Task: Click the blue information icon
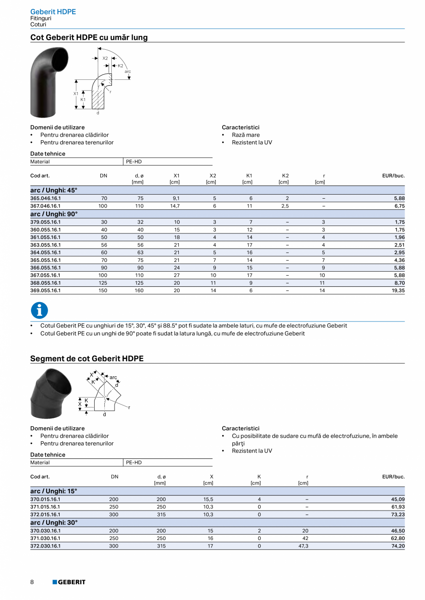pyautogui.click(x=39, y=310)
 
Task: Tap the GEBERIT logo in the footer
pyautogui.click(x=69, y=582)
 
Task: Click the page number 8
pyautogui.click(x=32, y=582)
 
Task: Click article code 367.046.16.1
pyautogui.click(x=45, y=206)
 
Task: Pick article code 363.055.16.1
pyautogui.click(x=45, y=245)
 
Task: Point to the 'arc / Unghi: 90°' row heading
pyautogui.click(x=54, y=214)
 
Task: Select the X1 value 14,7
pyautogui.click(x=176, y=206)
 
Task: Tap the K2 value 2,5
pyautogui.click(x=287, y=206)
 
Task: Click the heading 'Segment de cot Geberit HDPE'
pyautogui.click(x=87, y=358)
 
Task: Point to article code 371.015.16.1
pyautogui.click(x=45, y=507)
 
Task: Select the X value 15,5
pyautogui.click(x=208, y=499)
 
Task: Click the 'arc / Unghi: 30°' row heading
pyautogui.click(x=54, y=523)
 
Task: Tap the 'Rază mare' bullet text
pyautogui.click(x=246, y=135)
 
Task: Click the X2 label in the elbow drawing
pyautogui.click(x=105, y=59)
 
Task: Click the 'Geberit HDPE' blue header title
pyautogui.click(x=53, y=12)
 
